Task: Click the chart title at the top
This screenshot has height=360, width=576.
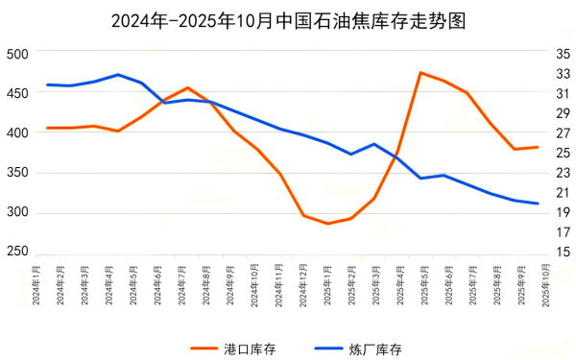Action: point(288,21)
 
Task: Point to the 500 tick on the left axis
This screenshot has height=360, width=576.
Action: point(18,54)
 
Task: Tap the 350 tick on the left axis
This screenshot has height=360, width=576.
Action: point(18,172)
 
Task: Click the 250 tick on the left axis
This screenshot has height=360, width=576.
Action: point(18,251)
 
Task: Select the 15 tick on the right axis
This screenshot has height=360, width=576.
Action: point(562,252)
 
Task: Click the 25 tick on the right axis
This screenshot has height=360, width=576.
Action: point(562,154)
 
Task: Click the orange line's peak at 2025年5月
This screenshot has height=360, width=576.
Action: point(420,72)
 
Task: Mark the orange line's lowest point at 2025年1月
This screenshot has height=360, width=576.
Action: point(327,224)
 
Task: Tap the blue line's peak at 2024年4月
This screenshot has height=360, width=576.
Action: point(117,75)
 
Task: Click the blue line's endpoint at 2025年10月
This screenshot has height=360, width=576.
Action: point(538,204)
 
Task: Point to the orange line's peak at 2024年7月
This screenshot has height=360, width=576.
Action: point(187,87)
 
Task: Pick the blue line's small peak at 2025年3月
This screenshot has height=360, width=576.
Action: point(373,144)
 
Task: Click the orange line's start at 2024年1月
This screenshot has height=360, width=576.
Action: point(47,128)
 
